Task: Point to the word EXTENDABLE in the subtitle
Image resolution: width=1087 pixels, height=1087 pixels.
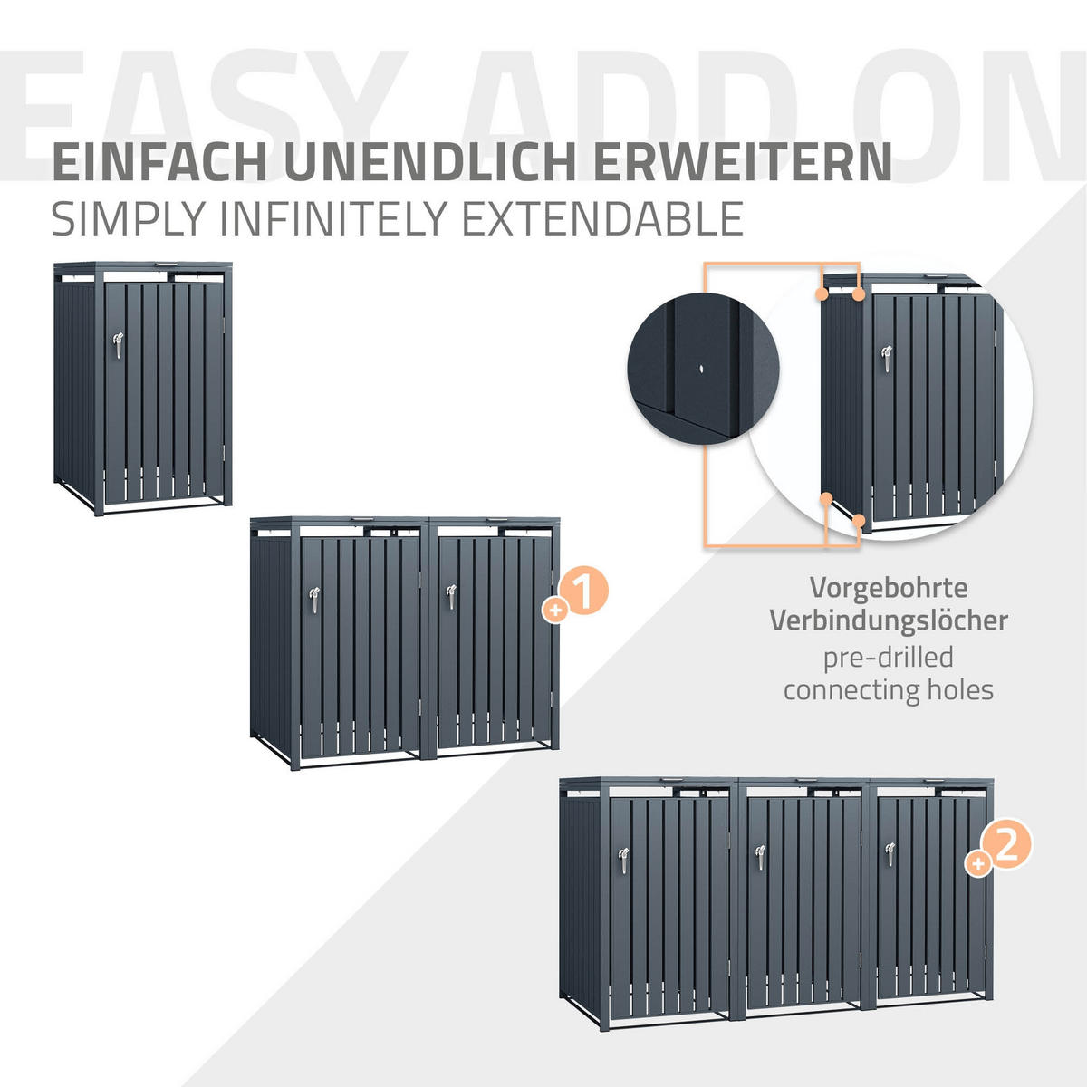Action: [x=602, y=218]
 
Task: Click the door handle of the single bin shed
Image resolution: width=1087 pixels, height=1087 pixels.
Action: [x=116, y=343]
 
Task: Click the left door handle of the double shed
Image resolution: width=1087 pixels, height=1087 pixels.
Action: [x=313, y=598]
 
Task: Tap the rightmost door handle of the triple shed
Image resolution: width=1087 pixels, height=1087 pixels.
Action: [x=890, y=853]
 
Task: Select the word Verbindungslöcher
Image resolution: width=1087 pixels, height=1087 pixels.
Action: [x=888, y=620]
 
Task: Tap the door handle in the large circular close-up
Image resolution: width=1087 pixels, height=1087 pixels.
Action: [x=886, y=357]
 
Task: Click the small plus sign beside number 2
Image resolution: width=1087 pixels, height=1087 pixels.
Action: [x=978, y=863]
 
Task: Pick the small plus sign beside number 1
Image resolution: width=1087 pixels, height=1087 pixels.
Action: [x=554, y=611]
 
